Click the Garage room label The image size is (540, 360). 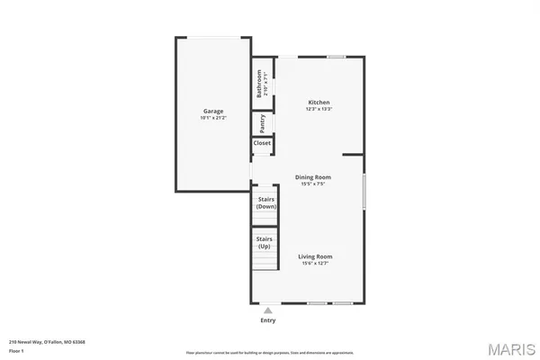point(212,112)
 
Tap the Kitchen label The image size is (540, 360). point(319,103)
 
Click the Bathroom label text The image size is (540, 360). point(258,83)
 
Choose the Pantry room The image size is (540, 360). point(262,121)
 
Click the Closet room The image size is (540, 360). point(262,143)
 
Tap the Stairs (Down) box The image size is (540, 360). point(265,202)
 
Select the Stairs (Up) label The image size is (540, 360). point(265,242)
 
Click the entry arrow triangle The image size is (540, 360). point(267,310)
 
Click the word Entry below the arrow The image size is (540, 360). point(268,320)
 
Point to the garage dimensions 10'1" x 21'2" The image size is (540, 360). point(212,119)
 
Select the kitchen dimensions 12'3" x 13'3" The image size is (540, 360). point(319,110)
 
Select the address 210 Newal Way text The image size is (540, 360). point(35,342)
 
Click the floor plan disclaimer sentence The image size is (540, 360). point(269,352)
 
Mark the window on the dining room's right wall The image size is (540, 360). point(364,192)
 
